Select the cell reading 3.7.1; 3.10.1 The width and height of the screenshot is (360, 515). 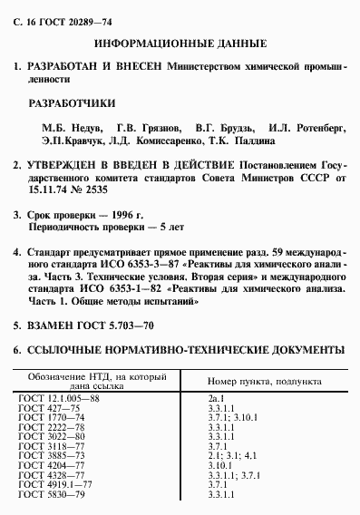(x=231, y=417)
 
